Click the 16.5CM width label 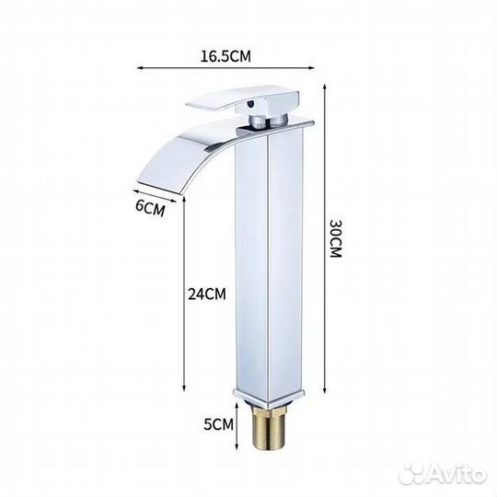point(225,56)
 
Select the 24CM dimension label point(207,294)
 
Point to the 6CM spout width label point(150,208)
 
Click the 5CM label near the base point(218,424)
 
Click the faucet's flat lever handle point(242,99)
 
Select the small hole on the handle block point(251,103)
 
